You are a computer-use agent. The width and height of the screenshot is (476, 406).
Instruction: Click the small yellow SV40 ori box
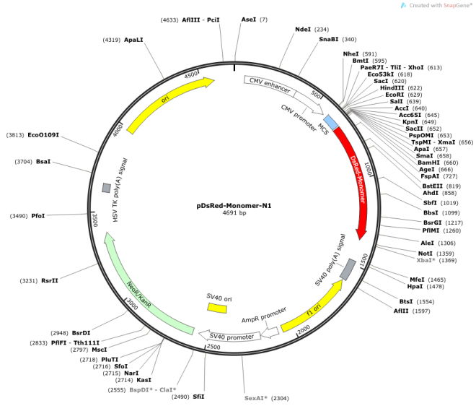[x=217, y=308]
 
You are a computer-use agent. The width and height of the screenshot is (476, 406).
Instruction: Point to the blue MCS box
[x=330, y=121]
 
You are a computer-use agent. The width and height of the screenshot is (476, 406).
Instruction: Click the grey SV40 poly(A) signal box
[x=348, y=269]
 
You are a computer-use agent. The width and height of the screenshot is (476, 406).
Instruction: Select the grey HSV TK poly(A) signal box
[x=106, y=188]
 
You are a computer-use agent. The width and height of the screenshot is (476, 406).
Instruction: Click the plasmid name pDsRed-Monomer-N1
[x=234, y=204]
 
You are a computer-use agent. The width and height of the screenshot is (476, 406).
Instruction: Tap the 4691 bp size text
[x=234, y=213]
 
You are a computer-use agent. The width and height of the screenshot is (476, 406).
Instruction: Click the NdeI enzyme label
[x=303, y=30]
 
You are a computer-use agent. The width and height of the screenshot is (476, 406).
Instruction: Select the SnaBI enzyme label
[x=329, y=40]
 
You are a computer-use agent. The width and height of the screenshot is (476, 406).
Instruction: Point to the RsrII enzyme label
[x=50, y=281]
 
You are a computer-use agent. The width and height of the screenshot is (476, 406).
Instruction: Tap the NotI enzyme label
[x=426, y=254]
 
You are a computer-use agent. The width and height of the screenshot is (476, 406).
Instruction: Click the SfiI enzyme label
[x=198, y=396]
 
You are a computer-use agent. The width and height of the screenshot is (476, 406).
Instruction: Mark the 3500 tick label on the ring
[x=94, y=220]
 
